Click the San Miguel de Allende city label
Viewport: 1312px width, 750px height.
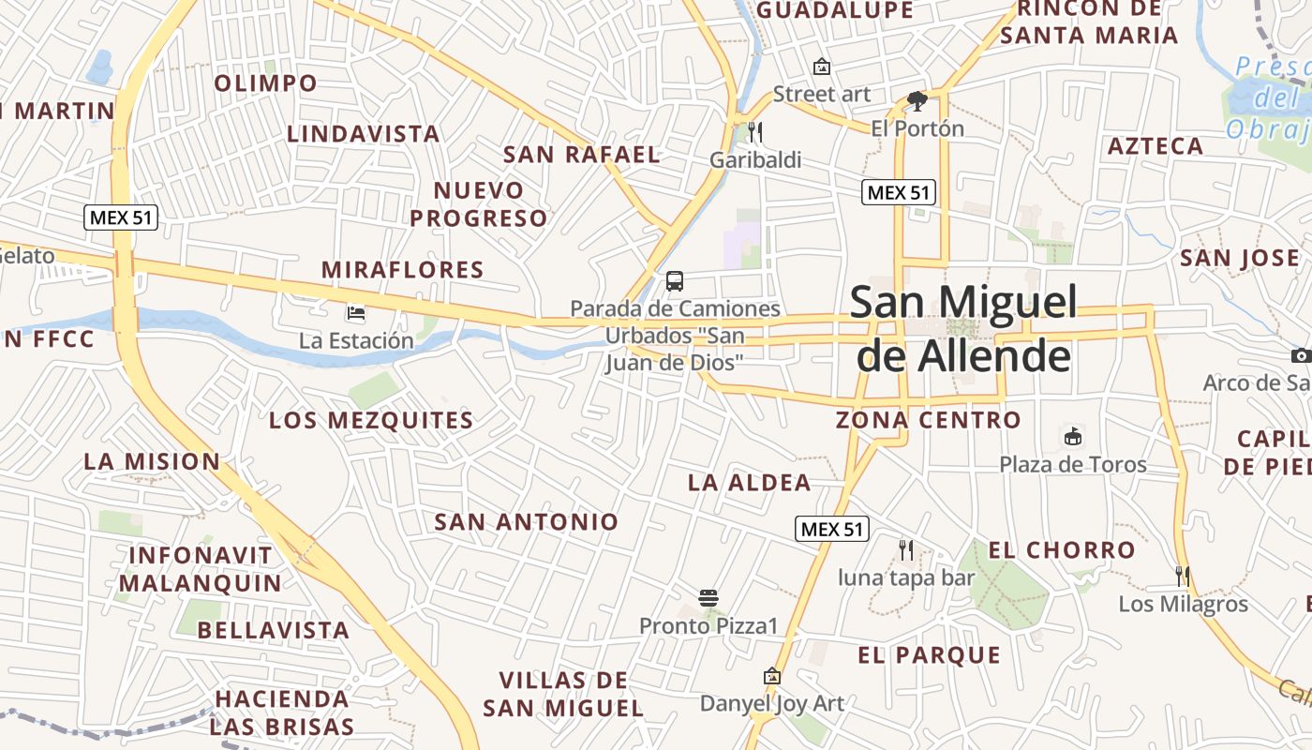pyautogui.click(x=962, y=329)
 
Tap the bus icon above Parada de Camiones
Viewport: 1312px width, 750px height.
pyautogui.click(x=675, y=280)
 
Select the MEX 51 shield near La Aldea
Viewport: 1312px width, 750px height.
pyautogui.click(x=832, y=529)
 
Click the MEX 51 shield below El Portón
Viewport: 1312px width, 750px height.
pyautogui.click(x=899, y=193)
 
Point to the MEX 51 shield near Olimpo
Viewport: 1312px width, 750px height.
pyautogui.click(x=121, y=218)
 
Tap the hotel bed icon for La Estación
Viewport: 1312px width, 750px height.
pyautogui.click(x=356, y=312)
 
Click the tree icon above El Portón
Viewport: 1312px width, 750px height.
pyautogui.click(x=917, y=100)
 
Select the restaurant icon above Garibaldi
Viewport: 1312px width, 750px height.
pyautogui.click(x=755, y=131)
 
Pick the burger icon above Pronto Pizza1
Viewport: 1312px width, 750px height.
pyautogui.click(x=708, y=597)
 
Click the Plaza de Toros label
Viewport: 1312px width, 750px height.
pyautogui.click(x=1072, y=464)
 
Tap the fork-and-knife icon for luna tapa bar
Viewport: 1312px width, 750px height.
pyautogui.click(x=906, y=549)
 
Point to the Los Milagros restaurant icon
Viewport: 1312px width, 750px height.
pyautogui.click(x=1183, y=576)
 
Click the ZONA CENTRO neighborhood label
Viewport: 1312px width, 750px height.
pyautogui.click(x=928, y=420)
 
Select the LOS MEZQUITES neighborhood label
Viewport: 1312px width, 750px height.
pyautogui.click(x=371, y=420)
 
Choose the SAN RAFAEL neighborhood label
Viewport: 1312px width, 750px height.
pyautogui.click(x=582, y=155)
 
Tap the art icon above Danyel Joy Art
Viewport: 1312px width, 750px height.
pyautogui.click(x=771, y=676)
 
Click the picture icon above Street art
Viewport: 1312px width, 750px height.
pyautogui.click(x=822, y=66)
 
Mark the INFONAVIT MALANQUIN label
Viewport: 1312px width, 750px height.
pyautogui.click(x=200, y=569)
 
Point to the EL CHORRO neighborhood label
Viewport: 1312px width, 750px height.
pyautogui.click(x=1062, y=550)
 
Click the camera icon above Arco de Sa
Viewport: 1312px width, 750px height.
pyautogui.click(x=1301, y=355)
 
